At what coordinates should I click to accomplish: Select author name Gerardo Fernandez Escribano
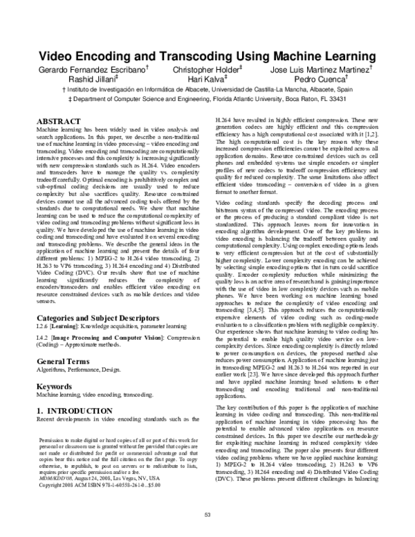coord(94,71)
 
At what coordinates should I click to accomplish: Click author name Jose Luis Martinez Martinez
coord(320,71)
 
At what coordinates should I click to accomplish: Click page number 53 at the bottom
coord(207,513)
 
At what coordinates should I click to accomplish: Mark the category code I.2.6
coord(43,309)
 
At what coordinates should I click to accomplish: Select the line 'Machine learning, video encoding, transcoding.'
coord(94,376)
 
